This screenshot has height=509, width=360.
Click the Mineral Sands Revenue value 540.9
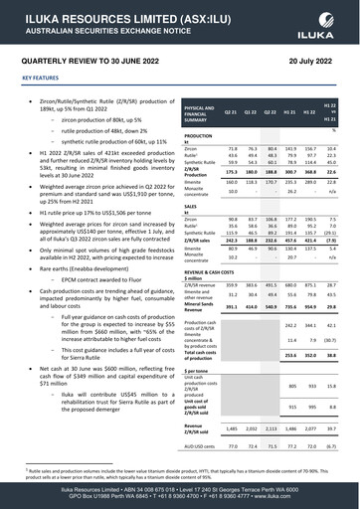(x=270, y=306)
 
